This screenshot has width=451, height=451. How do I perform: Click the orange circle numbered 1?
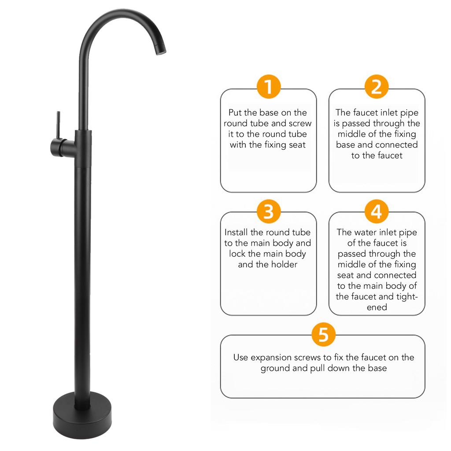click(x=268, y=87)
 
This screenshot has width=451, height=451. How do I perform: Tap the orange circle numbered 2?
click(x=377, y=87)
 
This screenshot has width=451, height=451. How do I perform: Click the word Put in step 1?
click(x=236, y=113)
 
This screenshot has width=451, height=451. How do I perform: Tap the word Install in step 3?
click(x=238, y=232)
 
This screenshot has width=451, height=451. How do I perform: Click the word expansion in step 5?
click(x=272, y=357)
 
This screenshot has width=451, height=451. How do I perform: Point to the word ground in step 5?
click(x=276, y=368)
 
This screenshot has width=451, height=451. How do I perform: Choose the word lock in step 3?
click(x=237, y=254)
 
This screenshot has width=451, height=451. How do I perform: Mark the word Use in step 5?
click(x=240, y=357)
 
